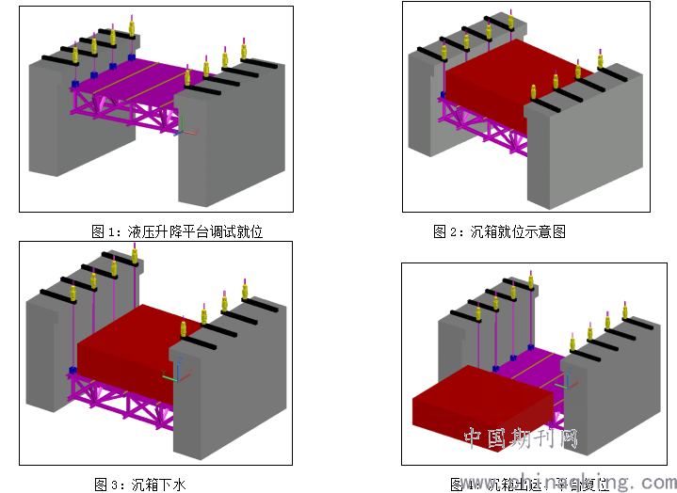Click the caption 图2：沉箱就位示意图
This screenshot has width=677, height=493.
coord(499,231)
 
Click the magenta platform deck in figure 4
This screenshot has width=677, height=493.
coord(537,362)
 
